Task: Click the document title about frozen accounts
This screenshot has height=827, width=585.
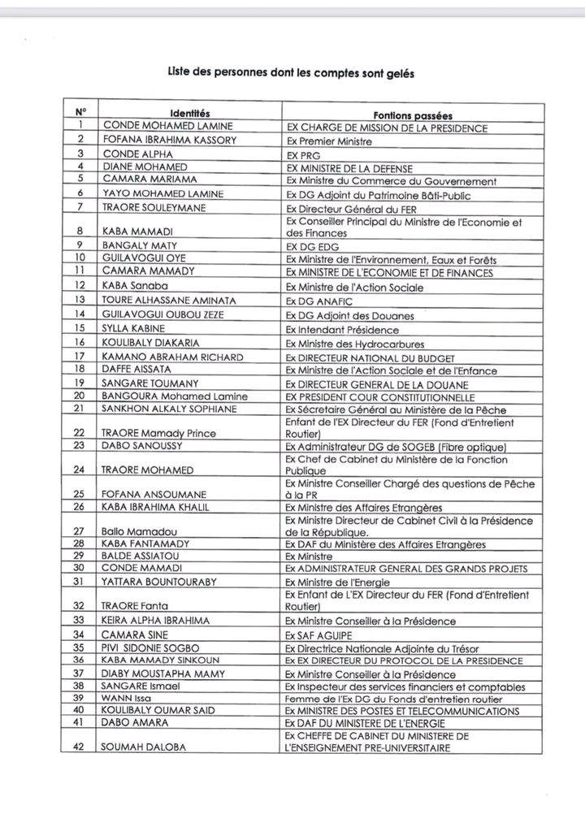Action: [291, 72]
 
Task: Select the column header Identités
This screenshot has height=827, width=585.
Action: [190, 113]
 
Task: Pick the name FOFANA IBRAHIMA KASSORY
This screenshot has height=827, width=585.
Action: [169, 140]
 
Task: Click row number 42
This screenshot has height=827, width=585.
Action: [80, 747]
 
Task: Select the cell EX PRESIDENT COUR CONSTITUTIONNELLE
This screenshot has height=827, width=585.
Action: [380, 397]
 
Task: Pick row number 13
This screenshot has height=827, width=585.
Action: [80, 300]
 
